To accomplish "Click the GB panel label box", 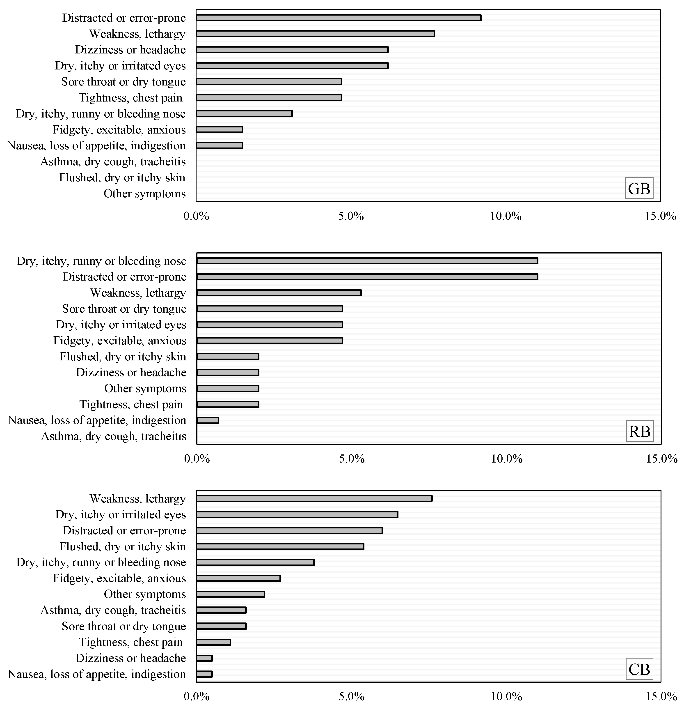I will pos(639,188).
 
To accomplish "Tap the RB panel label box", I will pos(640,431).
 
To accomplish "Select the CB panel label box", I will pos(639,669).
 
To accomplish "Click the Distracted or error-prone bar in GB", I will pos(338,18).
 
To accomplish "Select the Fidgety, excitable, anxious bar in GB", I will pos(219,130).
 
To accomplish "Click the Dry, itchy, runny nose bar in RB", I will pos(367,261).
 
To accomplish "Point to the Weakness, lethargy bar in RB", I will pos(279,293).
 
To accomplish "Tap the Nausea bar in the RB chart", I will pos(208,420).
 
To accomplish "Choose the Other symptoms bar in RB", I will pos(228,388).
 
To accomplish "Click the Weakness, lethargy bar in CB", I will pos(314,498).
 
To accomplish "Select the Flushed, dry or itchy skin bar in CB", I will pos(280,546).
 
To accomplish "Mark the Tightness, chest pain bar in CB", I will pos(213,642).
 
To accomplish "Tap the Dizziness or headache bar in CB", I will pos(204,658).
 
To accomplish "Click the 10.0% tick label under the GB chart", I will pos(506,217).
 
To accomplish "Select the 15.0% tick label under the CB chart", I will pos(661,697).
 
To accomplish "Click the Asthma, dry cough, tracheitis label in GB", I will pos(113,162).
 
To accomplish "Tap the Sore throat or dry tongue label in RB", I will pos(124,309).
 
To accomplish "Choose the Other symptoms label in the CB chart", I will pos(145,594).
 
